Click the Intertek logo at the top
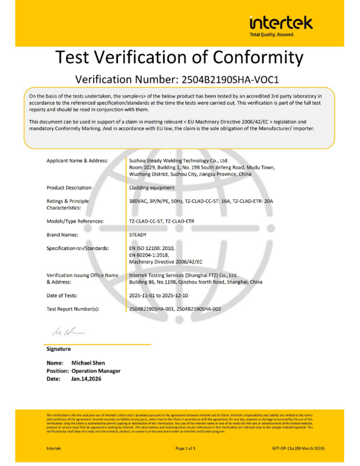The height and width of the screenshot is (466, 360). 281,23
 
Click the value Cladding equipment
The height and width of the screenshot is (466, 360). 152,188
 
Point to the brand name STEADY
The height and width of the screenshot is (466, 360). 138,235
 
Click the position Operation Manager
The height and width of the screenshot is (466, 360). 96,371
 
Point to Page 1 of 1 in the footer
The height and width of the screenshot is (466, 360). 185,448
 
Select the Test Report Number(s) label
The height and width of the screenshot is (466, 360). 73,309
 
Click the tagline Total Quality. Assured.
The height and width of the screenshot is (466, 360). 272,35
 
